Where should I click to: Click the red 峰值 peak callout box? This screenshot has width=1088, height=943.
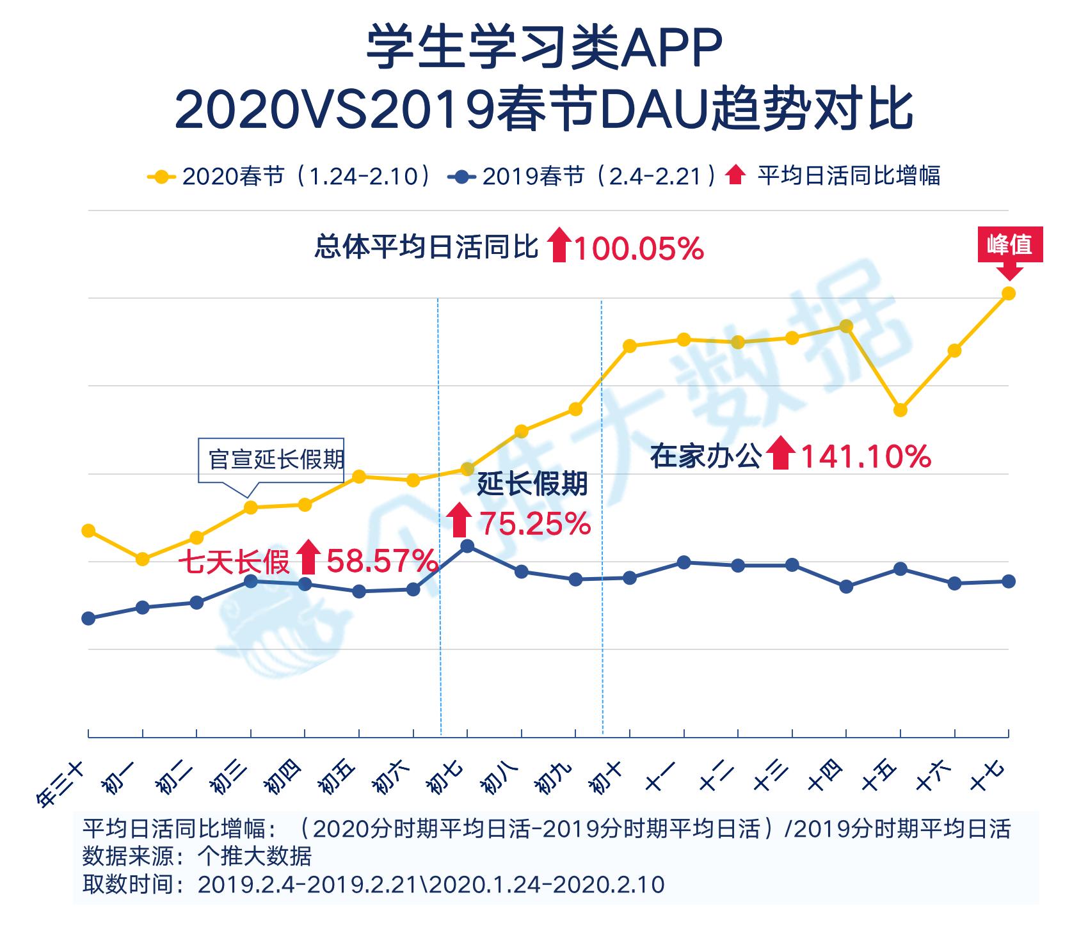[1009, 245]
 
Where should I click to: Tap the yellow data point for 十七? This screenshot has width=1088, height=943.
[1009, 294]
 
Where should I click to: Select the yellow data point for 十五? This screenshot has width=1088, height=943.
[900, 410]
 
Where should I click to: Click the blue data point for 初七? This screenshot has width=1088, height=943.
[468, 546]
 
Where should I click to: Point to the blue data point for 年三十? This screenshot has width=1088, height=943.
[89, 618]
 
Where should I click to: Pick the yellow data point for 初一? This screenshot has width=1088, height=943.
[143, 559]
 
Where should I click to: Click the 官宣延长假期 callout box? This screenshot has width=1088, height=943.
[272, 459]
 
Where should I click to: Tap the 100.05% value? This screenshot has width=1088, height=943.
[638, 248]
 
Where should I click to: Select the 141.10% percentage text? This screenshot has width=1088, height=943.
[865, 457]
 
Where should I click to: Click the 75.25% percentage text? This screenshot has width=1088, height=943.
[535, 524]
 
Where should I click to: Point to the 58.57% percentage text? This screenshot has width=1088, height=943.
[382, 562]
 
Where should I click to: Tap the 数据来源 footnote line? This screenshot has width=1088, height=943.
[197, 856]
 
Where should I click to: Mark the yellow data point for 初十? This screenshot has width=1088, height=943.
[630, 346]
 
